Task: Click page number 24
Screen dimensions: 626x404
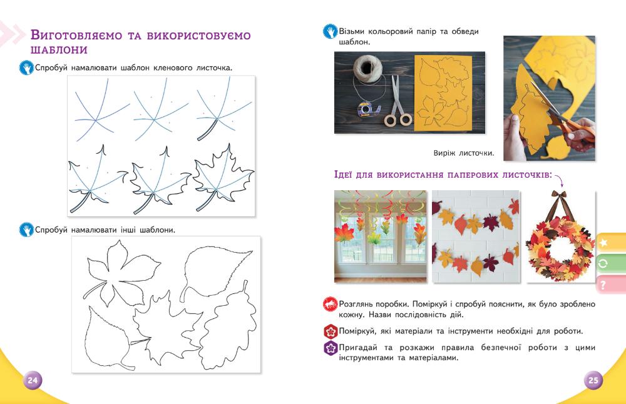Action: pos(33,380)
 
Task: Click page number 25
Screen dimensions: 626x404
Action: pos(593,380)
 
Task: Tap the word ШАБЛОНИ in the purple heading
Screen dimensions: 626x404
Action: pos(59,50)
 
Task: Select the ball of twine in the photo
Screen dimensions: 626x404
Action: pos(367,68)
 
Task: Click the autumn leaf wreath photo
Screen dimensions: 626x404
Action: pos(560,236)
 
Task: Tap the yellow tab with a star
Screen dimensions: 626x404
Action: pos(611,243)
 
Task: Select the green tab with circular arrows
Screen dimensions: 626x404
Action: pos(611,264)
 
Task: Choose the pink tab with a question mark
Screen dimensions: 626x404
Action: pos(611,285)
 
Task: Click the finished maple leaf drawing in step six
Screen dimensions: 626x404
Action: pos(223,178)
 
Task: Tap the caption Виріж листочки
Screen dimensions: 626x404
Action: pos(463,153)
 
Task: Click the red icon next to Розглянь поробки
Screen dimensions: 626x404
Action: pos(330,305)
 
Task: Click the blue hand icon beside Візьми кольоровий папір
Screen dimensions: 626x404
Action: pos(330,32)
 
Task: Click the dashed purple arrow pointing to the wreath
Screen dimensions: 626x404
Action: pos(559,179)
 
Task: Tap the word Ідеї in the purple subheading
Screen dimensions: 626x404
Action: pos(342,174)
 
